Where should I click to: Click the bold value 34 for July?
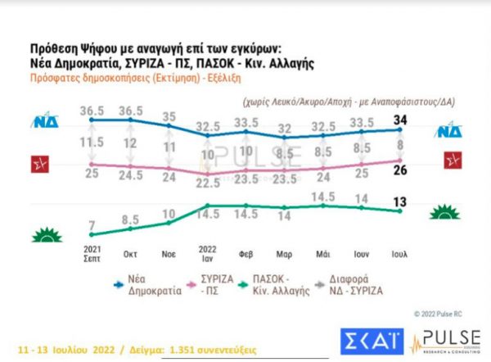(x=402, y=121)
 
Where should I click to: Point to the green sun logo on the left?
(x=47, y=236)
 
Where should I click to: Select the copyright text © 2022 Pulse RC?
(x=437, y=313)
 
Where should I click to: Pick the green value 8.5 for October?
(x=130, y=219)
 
